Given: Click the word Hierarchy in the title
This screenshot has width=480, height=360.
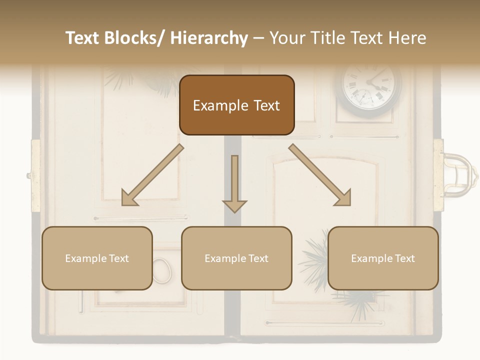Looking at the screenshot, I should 209,38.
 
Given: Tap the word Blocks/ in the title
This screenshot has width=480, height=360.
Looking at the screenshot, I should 136,38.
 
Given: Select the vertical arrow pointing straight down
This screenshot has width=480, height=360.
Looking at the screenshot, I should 234,183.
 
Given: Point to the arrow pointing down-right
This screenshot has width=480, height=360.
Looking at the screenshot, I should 320,175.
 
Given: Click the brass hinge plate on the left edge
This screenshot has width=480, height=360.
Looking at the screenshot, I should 35,175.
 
